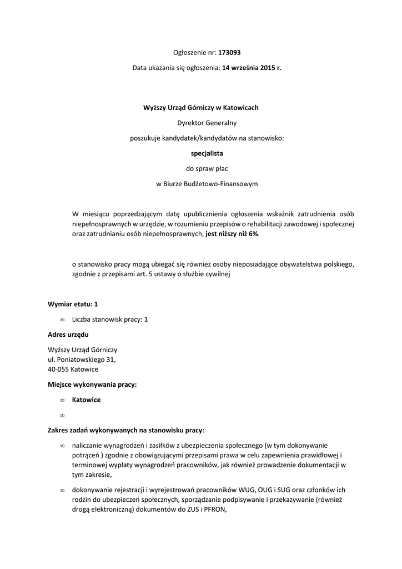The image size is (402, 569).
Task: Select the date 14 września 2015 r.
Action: point(252,68)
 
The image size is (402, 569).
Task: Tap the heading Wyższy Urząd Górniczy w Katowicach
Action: point(201,108)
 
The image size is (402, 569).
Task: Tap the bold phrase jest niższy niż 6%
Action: point(232,234)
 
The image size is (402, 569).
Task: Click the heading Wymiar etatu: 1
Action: point(73,305)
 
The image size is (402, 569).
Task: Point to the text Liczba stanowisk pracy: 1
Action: point(110,320)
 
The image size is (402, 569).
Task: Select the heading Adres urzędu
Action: point(68,335)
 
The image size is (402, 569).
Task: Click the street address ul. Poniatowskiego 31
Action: point(82,360)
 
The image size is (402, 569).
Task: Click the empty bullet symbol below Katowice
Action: point(62,415)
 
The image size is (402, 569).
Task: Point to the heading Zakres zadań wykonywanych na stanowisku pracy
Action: point(126,430)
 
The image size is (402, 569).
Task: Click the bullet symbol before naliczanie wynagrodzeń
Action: point(62,446)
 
